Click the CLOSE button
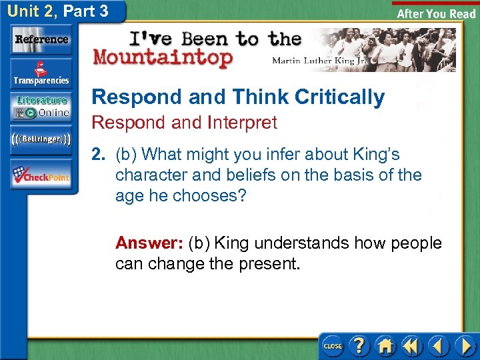333,346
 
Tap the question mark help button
359,346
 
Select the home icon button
385,346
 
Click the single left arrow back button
438,346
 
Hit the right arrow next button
464,346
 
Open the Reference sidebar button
41,40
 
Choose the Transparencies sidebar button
41,73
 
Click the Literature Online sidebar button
41,107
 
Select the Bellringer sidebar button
41,139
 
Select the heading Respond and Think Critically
238,97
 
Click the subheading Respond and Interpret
184,123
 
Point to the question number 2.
99,155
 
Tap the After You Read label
436,13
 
